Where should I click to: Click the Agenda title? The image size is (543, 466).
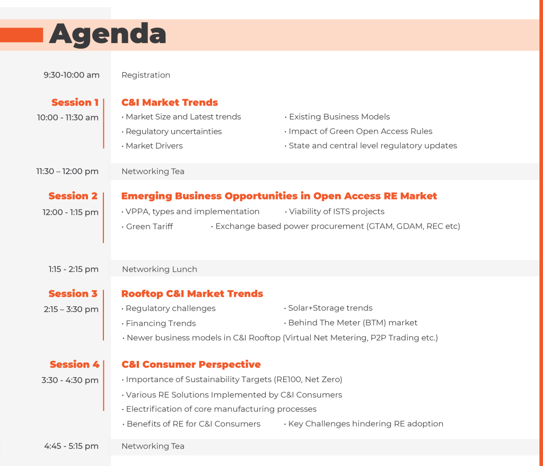click(x=108, y=34)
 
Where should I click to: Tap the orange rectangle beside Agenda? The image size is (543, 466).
click(x=21, y=35)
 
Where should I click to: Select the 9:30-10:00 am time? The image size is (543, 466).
click(x=72, y=75)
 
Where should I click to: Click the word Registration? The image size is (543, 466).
click(x=146, y=75)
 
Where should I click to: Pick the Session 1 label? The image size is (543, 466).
click(x=75, y=102)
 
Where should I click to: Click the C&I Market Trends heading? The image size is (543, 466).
click(x=170, y=102)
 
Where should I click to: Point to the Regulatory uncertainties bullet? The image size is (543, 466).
click(x=172, y=132)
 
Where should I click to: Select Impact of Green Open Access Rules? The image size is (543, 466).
click(x=358, y=131)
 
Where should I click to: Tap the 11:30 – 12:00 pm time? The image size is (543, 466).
click(x=67, y=171)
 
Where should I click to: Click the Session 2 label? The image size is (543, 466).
click(x=73, y=196)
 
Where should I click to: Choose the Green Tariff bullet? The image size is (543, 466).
click(x=147, y=227)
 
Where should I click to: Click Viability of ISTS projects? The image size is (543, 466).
click(x=335, y=211)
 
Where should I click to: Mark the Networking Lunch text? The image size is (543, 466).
click(x=160, y=270)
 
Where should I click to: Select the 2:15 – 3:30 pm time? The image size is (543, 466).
click(x=71, y=309)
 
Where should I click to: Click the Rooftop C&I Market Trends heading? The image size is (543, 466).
click(x=192, y=294)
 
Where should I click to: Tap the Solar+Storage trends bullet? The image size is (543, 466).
click(x=328, y=308)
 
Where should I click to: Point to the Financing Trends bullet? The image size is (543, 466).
click(x=159, y=323)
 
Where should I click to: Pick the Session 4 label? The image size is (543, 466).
click(x=74, y=365)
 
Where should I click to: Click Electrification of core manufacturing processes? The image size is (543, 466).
click(x=219, y=409)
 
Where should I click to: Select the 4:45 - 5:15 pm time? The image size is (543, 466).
click(x=72, y=446)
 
